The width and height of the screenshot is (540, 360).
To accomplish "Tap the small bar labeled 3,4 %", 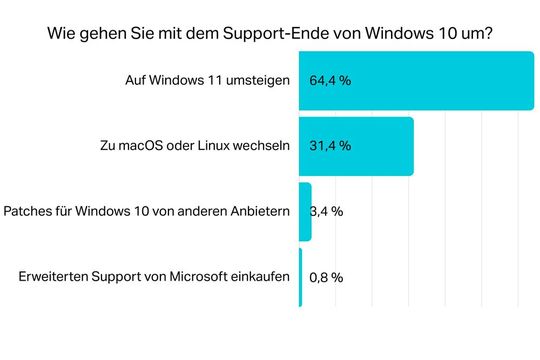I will click(x=305, y=211).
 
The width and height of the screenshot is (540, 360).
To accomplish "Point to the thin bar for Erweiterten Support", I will click(x=300, y=276).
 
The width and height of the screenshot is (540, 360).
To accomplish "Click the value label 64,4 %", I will click(x=330, y=81).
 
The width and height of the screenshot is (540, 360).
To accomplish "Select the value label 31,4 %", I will click(x=330, y=146).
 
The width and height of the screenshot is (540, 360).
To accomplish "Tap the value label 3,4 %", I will click(x=329, y=211).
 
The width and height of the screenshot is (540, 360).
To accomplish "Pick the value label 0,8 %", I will click(x=326, y=276).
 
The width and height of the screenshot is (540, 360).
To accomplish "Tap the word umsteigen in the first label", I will click(x=259, y=80).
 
